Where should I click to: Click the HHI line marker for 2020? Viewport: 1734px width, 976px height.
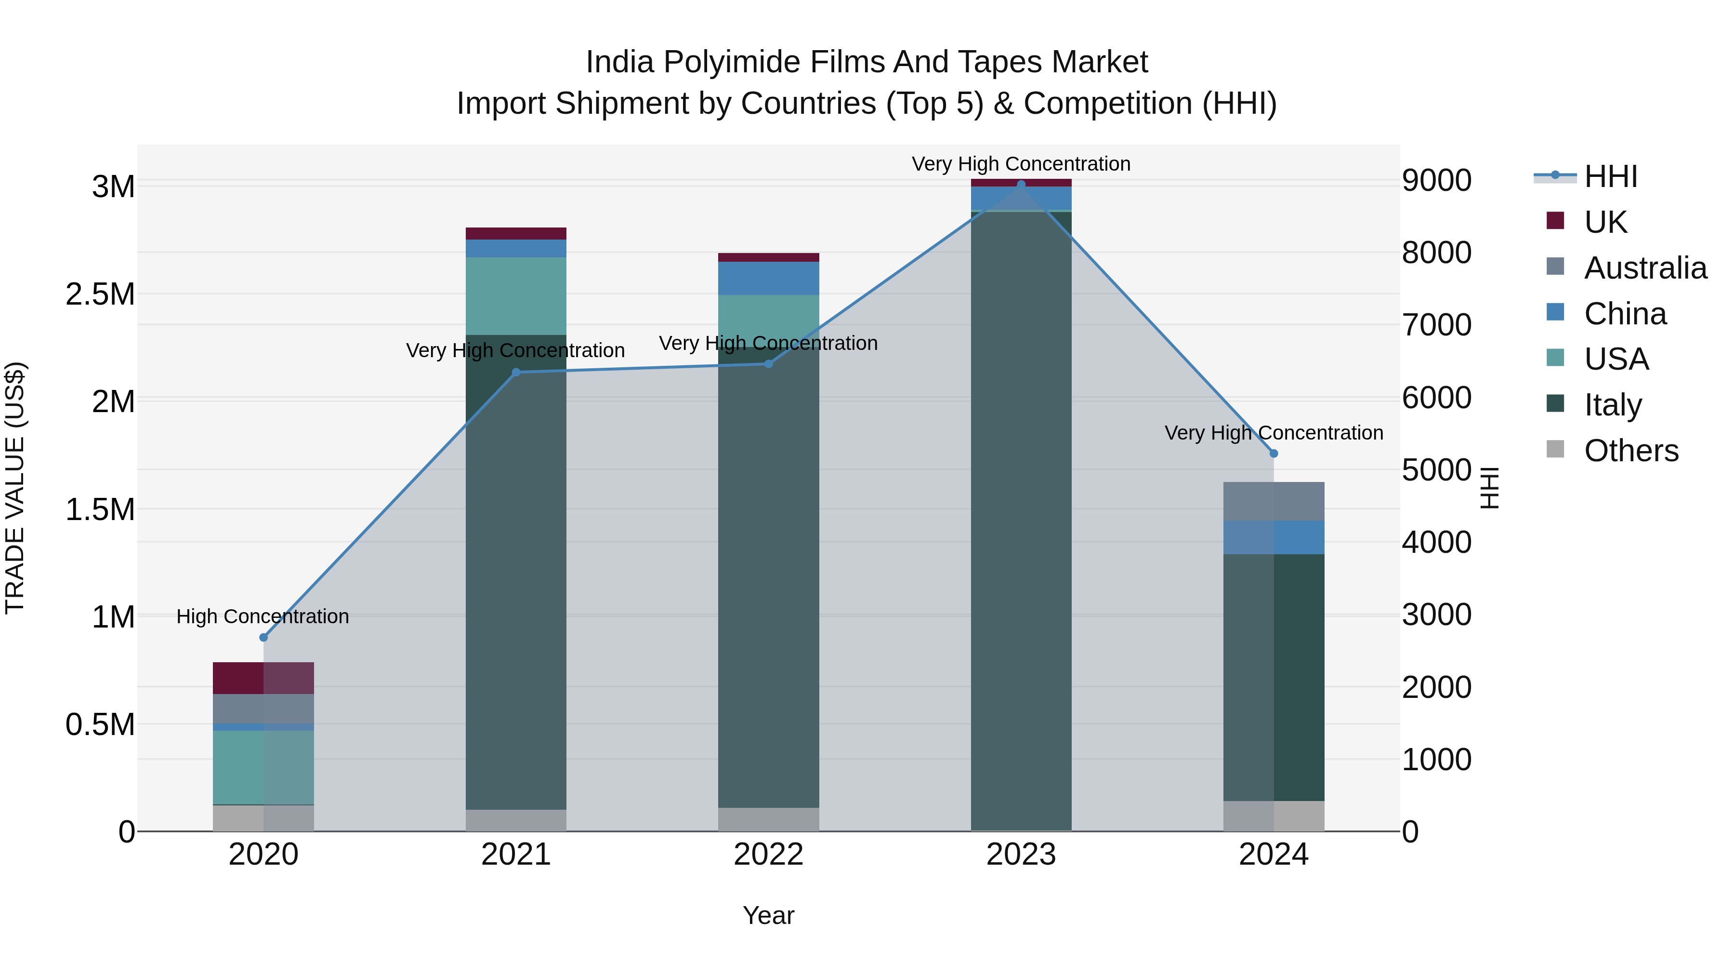[x=263, y=637]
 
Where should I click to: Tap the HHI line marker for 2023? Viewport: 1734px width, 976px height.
[x=1021, y=185]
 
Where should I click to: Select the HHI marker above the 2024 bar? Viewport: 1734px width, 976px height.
[x=1274, y=454]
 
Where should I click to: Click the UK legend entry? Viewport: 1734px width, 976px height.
[x=1605, y=222]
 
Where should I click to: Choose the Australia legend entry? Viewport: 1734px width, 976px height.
[x=1645, y=267]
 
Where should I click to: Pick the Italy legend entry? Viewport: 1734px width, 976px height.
[x=1613, y=405]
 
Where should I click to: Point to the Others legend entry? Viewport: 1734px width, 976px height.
[x=1631, y=451]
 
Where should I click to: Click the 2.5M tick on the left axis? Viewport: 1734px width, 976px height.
[x=100, y=294]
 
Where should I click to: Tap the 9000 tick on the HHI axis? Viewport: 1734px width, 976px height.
[x=1436, y=181]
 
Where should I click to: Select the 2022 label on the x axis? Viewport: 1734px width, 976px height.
[x=768, y=855]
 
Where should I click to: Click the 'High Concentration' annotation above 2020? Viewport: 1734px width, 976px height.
[x=263, y=616]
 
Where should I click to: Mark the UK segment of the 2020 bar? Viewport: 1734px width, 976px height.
[x=263, y=678]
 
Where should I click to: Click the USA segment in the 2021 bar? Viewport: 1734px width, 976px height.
[x=515, y=296]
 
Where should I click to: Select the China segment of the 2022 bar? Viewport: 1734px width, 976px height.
[x=768, y=278]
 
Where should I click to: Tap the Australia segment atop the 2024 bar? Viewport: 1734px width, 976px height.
[x=1274, y=501]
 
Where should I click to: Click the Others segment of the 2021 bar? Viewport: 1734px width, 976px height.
[x=515, y=820]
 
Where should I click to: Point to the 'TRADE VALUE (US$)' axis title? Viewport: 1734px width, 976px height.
[x=15, y=488]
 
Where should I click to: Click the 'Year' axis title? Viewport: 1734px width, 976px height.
[x=768, y=915]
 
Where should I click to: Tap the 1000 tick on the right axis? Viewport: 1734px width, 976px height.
[x=1436, y=760]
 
